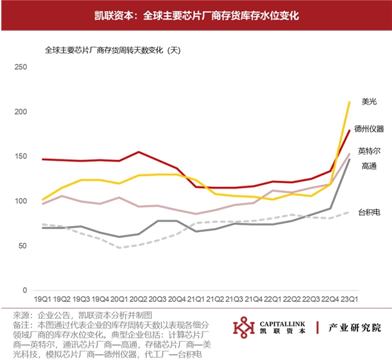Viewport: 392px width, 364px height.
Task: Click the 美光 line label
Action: click(369, 101)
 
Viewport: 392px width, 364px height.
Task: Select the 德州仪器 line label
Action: click(368, 128)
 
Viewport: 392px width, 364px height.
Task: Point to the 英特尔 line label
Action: click(369, 152)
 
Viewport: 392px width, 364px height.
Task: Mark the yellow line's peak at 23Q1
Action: click(350, 102)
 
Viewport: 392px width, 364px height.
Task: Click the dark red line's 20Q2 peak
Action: click(138, 152)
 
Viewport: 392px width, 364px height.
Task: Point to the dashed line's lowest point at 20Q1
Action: click(119, 248)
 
